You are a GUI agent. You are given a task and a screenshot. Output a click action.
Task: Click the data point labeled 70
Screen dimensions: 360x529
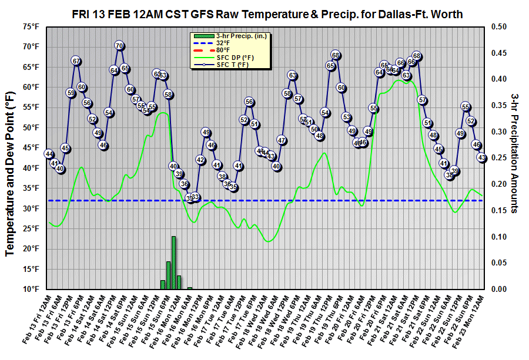pyautogui.click(x=119, y=46)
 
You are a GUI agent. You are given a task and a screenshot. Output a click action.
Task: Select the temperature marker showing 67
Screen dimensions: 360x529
pyautogui.click(x=76, y=60)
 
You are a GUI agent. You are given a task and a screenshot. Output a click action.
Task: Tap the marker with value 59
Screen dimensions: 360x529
pyautogui.click(x=71, y=93)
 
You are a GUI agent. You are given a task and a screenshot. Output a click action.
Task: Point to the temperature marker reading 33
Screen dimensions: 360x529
pyautogui.click(x=195, y=197)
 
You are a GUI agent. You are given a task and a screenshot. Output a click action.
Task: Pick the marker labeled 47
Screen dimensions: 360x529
pyautogui.click(x=282, y=140)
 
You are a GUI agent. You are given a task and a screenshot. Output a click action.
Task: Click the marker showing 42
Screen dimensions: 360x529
pyautogui.click(x=200, y=160)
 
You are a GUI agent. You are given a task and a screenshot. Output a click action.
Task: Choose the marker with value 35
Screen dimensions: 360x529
pyautogui.click(x=233, y=187)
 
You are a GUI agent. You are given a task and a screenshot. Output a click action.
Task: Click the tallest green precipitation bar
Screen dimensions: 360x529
pyautogui.click(x=173, y=263)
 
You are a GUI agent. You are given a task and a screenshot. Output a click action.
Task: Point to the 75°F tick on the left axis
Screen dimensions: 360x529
pyautogui.click(x=32, y=26)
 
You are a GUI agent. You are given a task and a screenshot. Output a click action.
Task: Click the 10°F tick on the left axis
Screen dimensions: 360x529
pyautogui.click(x=32, y=289)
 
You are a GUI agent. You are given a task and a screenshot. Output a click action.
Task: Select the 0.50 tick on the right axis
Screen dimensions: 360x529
pyautogui.click(x=498, y=26)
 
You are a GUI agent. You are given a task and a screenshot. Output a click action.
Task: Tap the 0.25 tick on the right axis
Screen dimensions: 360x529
pyautogui.click(x=498, y=158)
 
